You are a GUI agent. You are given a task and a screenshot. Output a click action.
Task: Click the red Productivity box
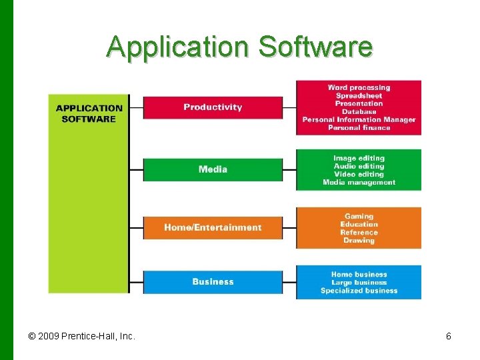tap(213, 107)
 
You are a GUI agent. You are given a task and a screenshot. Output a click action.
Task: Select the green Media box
tap(213, 169)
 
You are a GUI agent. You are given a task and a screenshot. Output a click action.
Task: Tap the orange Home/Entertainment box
tap(213, 227)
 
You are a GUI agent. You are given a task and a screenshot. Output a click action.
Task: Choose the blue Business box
tap(213, 281)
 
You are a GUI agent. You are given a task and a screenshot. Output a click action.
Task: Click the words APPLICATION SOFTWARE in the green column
tap(89, 113)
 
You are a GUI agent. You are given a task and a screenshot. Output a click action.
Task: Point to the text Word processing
tap(359, 87)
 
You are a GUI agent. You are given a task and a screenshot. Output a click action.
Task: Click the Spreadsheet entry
tap(359, 95)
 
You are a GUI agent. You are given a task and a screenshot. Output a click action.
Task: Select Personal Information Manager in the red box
tap(359, 119)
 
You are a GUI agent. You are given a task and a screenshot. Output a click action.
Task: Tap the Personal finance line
tap(359, 127)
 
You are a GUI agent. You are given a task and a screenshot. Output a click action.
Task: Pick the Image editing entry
tap(359, 158)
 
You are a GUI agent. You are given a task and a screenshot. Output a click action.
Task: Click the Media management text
tap(359, 182)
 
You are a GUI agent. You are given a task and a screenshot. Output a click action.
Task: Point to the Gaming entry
tap(359, 216)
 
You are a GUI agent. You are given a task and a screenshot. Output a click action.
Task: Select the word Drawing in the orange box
tap(359, 240)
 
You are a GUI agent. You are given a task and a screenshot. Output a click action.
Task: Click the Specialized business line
tap(359, 290)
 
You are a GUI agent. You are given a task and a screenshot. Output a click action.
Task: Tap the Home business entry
tap(359, 274)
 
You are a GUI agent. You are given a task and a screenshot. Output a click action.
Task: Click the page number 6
tap(449, 336)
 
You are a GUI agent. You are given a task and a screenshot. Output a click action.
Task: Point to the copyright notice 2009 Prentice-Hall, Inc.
tap(82, 336)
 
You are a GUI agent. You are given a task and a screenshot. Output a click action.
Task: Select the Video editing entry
tap(359, 174)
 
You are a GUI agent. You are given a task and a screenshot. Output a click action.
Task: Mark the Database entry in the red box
tap(359, 111)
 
